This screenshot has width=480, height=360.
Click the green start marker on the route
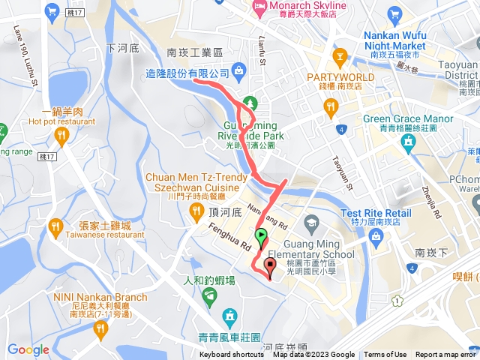click(260, 238)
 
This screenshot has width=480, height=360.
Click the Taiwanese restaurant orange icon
click(55, 226)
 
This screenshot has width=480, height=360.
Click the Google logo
click(28, 349)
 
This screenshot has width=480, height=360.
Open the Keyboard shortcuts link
click(232, 355)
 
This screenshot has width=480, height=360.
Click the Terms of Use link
click(385, 355)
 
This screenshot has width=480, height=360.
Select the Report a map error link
click(446, 355)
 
